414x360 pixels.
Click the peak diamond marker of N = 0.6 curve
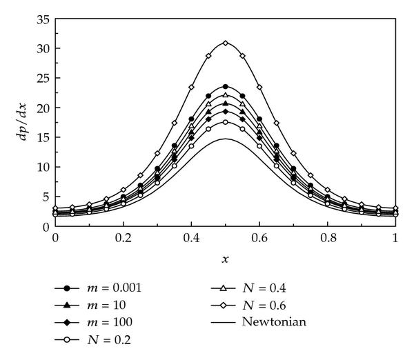[x=225, y=43]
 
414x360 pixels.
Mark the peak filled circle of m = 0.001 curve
[x=225, y=87]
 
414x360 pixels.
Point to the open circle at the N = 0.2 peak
[x=225, y=122]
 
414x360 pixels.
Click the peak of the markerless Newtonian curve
[x=225, y=139]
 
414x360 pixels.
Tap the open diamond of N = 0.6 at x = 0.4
[x=191, y=87]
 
